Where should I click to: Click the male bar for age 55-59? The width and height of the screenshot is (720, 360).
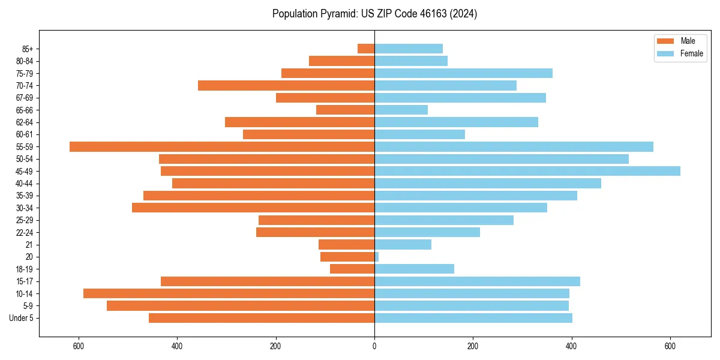tap(222, 146)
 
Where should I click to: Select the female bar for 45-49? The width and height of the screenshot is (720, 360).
tap(527, 171)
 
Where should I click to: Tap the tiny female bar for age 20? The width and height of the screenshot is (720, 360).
tap(376, 257)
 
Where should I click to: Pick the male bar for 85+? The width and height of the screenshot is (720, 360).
tap(366, 49)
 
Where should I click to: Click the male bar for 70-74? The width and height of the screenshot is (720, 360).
tap(286, 85)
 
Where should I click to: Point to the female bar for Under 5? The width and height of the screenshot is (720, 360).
tap(473, 318)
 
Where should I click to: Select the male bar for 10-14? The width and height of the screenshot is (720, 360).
tap(229, 293)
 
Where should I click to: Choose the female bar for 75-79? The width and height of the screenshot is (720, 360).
tap(463, 73)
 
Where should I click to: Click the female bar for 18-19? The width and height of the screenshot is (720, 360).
tap(414, 269)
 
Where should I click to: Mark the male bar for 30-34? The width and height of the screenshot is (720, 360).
tap(253, 208)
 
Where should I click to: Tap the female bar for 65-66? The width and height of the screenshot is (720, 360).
tap(401, 110)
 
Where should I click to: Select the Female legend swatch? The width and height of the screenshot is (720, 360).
tap(665, 53)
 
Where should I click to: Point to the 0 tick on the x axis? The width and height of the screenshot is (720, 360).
tap(374, 346)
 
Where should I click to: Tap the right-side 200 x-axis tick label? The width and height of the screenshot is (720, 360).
tap(473, 346)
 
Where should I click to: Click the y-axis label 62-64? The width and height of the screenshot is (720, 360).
tap(25, 122)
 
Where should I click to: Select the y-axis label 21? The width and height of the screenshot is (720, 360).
tap(29, 244)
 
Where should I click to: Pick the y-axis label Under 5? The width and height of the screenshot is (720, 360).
tap(21, 318)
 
